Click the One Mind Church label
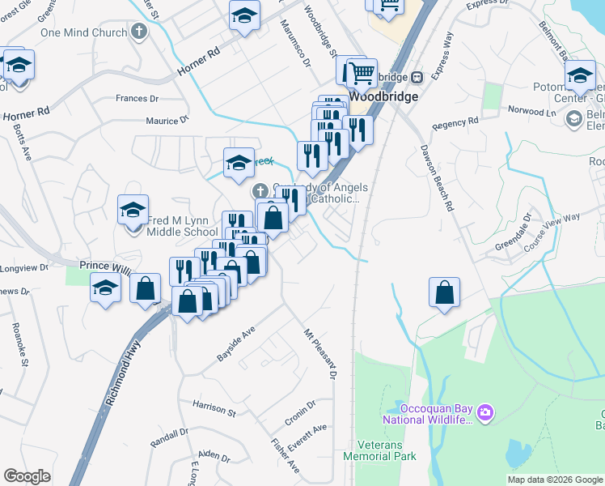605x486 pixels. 83,32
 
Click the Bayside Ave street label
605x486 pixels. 235,343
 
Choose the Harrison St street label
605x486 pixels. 214,407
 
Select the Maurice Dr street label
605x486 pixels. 167,120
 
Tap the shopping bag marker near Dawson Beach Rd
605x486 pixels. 445,293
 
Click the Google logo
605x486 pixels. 27,476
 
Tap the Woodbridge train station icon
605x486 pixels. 417,77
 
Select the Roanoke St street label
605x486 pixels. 19,343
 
